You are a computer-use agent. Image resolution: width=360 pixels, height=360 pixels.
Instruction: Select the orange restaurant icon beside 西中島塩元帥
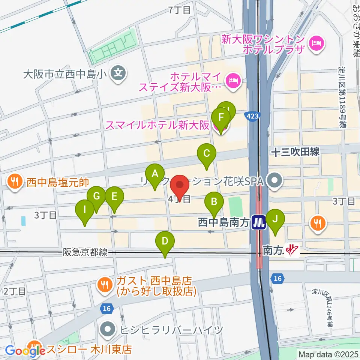[x=15, y=182]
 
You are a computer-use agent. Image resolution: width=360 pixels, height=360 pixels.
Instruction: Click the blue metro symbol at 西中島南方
[x=259, y=223]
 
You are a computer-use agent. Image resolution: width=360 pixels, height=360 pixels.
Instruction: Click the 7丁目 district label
[x=180, y=10]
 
